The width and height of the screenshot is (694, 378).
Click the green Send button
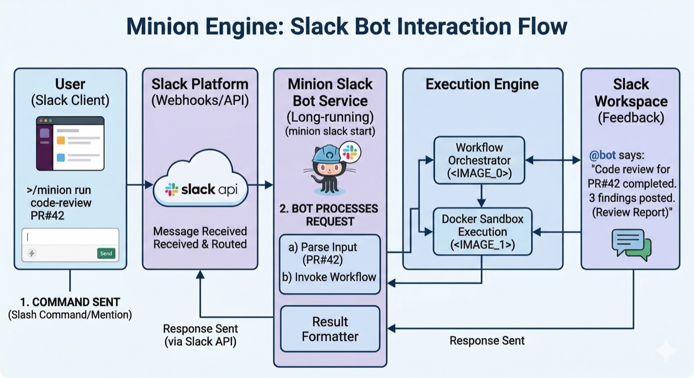coord(106,253)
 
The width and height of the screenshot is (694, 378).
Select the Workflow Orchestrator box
coord(479,160)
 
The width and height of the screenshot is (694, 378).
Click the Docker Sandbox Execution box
coord(482,231)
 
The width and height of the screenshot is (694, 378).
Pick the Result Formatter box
coord(330,329)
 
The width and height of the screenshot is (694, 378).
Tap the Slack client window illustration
coord(70,144)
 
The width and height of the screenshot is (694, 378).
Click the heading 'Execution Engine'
coord(482,84)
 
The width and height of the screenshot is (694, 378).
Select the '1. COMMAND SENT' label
coord(70,302)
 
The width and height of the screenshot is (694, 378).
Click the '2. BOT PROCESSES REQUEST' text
coord(330,215)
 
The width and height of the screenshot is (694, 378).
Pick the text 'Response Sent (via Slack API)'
coord(200,335)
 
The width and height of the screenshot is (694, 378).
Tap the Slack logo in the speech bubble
coord(350,152)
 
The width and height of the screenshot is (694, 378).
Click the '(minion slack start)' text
coord(330,132)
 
